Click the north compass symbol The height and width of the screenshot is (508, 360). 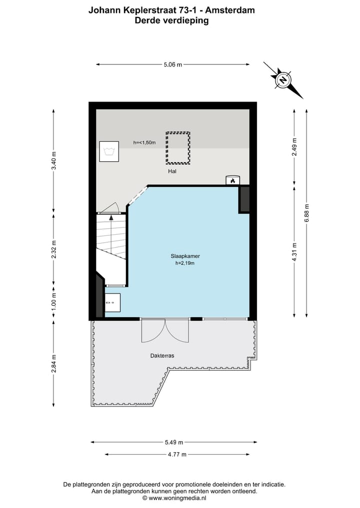283,80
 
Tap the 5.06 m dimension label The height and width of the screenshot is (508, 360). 173,64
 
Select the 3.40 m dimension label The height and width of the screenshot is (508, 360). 54,161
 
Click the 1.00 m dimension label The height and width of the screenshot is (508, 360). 54,302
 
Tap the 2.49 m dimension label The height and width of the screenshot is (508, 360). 294,147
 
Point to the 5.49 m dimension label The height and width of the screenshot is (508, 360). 174,442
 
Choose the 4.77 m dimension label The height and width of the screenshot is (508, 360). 177,455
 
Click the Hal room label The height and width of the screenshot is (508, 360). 173,171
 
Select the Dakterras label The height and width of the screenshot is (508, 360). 161,356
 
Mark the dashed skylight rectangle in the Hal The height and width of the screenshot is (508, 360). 178,148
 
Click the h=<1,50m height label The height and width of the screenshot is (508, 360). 144,143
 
